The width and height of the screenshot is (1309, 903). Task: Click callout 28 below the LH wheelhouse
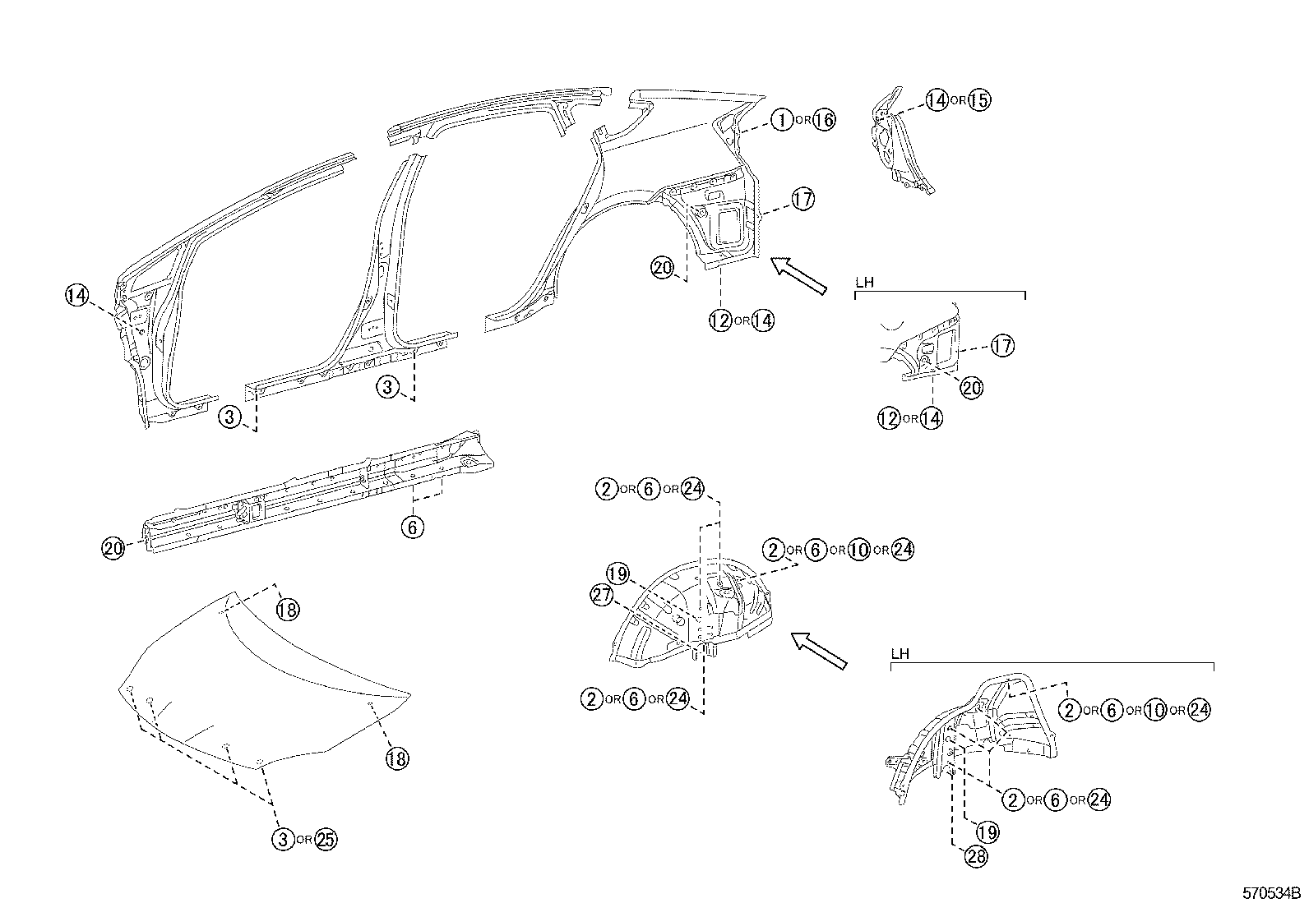(x=976, y=856)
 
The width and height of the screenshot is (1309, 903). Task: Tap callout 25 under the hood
(x=326, y=839)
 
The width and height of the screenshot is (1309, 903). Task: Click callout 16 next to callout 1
(x=824, y=120)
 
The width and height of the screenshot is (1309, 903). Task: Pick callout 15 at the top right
(x=978, y=100)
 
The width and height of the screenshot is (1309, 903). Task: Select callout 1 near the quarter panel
(x=781, y=120)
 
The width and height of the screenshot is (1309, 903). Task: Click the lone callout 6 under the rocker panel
(x=413, y=527)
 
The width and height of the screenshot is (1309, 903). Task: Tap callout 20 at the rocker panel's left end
(x=113, y=547)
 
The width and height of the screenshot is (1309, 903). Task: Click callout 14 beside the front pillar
(x=77, y=296)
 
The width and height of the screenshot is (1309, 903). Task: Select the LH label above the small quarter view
(x=863, y=282)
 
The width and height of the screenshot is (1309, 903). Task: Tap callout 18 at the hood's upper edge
(x=287, y=609)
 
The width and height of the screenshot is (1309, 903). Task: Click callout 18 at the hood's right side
(x=396, y=758)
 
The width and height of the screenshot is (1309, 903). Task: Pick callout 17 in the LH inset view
(x=1002, y=346)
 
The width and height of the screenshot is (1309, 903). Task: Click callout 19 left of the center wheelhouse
(x=617, y=573)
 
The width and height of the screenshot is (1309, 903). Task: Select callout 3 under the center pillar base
(x=390, y=386)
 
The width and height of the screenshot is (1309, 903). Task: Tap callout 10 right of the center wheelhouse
(x=858, y=550)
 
